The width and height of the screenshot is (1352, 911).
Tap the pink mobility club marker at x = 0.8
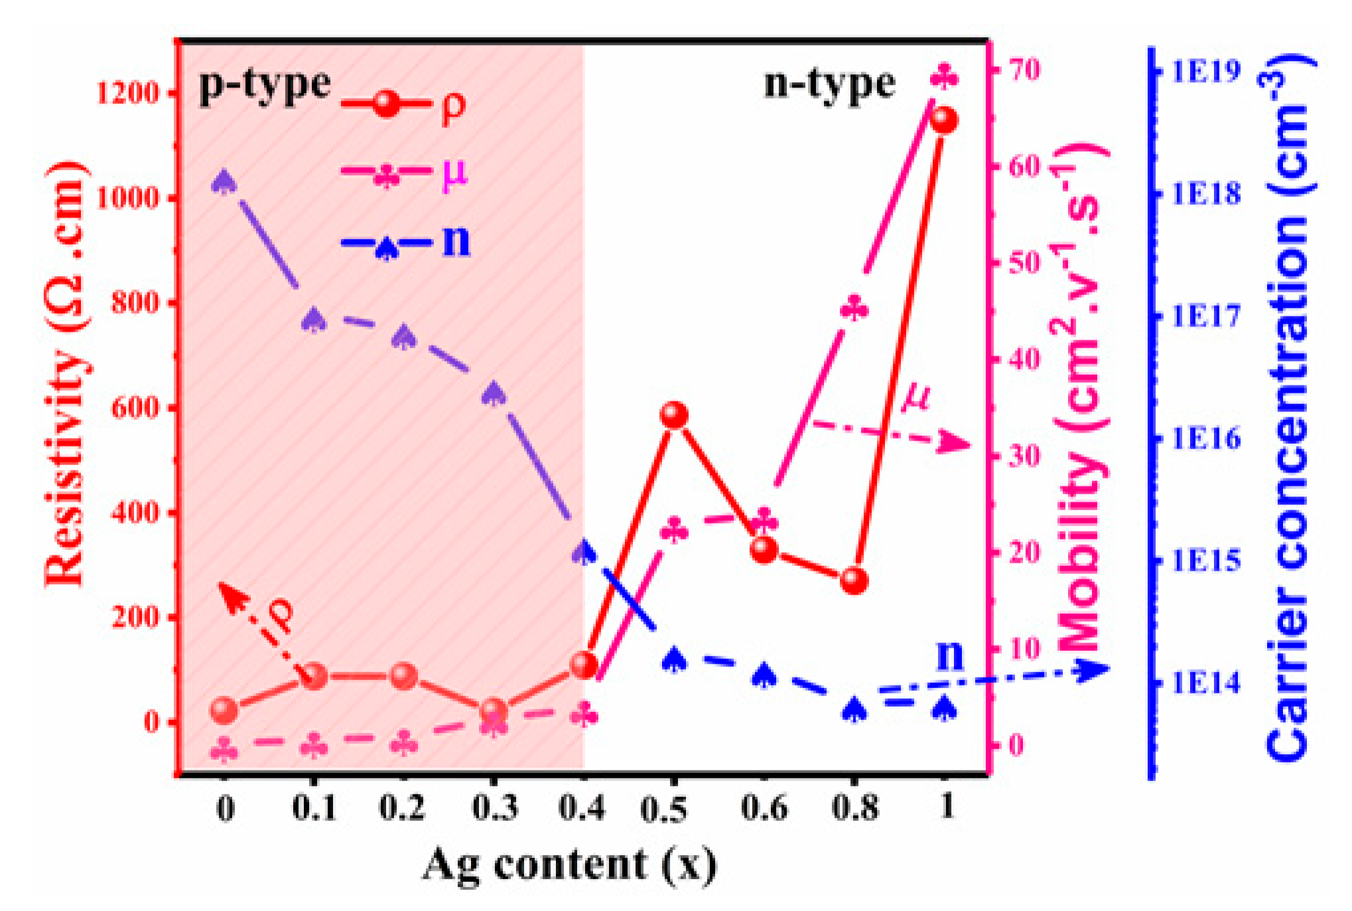coord(854,310)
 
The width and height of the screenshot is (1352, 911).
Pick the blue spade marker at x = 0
coord(224,182)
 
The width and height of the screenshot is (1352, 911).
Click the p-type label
coord(265,85)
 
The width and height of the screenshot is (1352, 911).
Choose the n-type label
coord(829,84)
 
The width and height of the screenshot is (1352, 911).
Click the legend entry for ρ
coord(404,105)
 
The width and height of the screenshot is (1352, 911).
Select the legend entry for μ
coord(404,174)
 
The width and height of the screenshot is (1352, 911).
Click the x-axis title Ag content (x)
coord(569,865)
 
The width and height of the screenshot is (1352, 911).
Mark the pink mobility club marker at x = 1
coord(944,76)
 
